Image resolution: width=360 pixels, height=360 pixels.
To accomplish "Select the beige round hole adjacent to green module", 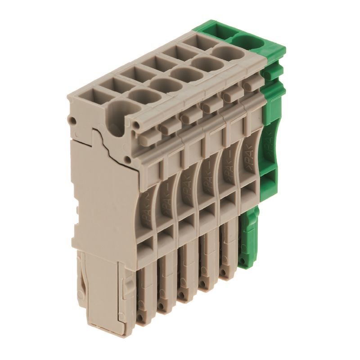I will [x=225, y=54].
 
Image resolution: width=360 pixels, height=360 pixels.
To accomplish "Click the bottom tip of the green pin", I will [x=246, y=263].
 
